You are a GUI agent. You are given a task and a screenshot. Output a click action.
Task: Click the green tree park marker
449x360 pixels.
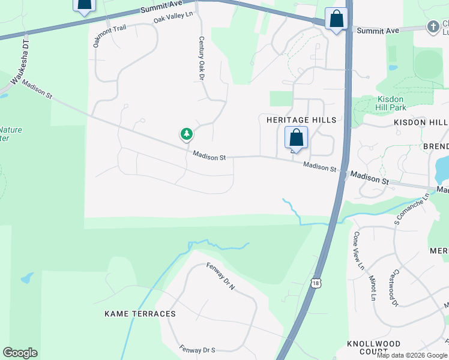pyautogui.click(x=187, y=134)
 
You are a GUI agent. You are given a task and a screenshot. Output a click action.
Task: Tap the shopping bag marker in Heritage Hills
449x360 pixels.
pyautogui.click(x=296, y=138)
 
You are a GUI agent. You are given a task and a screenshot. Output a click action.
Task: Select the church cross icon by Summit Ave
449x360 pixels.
pyautogui.click(x=432, y=26)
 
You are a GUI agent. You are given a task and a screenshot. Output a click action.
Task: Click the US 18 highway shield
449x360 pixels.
pyautogui.click(x=316, y=283)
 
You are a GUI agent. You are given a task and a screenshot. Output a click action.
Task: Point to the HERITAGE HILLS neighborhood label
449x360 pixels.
pyautogui.click(x=301, y=120)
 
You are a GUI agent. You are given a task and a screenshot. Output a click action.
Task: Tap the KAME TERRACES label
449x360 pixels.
pyautogui.click(x=140, y=314)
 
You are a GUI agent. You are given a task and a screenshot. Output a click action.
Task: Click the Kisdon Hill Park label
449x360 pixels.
pyautogui.click(x=391, y=103)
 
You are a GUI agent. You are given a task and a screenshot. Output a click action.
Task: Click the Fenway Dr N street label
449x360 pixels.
pyautogui.click(x=220, y=277)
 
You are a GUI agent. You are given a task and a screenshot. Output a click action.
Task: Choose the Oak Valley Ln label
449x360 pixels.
pyautogui.click(x=173, y=19)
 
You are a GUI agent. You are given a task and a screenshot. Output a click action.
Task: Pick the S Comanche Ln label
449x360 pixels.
pyautogui.click(x=412, y=209)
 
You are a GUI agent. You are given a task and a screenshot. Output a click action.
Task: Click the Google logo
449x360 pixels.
pyautogui.click(x=20, y=353)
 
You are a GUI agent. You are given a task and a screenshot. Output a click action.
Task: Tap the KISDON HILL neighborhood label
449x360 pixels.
pyautogui.click(x=421, y=122)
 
